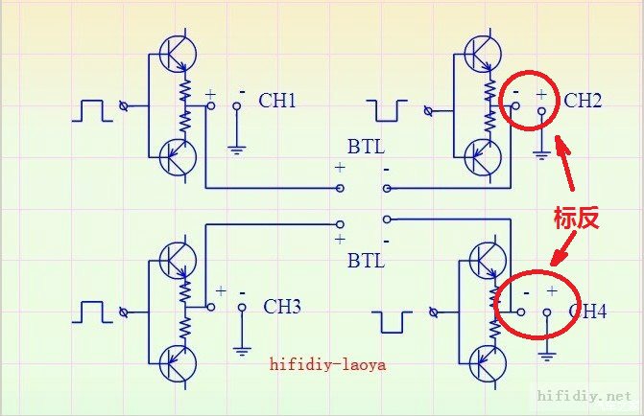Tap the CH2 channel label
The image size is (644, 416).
(583, 101)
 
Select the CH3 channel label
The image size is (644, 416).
(283, 307)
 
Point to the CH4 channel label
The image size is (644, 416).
(587, 311)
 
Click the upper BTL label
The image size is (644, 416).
(367, 149)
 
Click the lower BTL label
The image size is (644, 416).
(367, 260)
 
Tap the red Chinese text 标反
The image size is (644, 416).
(576, 217)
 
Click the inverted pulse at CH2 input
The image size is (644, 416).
(389, 110)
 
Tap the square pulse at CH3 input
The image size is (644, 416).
(93, 312)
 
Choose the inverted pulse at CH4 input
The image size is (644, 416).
(395, 321)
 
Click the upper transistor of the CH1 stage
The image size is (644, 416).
(175, 55)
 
